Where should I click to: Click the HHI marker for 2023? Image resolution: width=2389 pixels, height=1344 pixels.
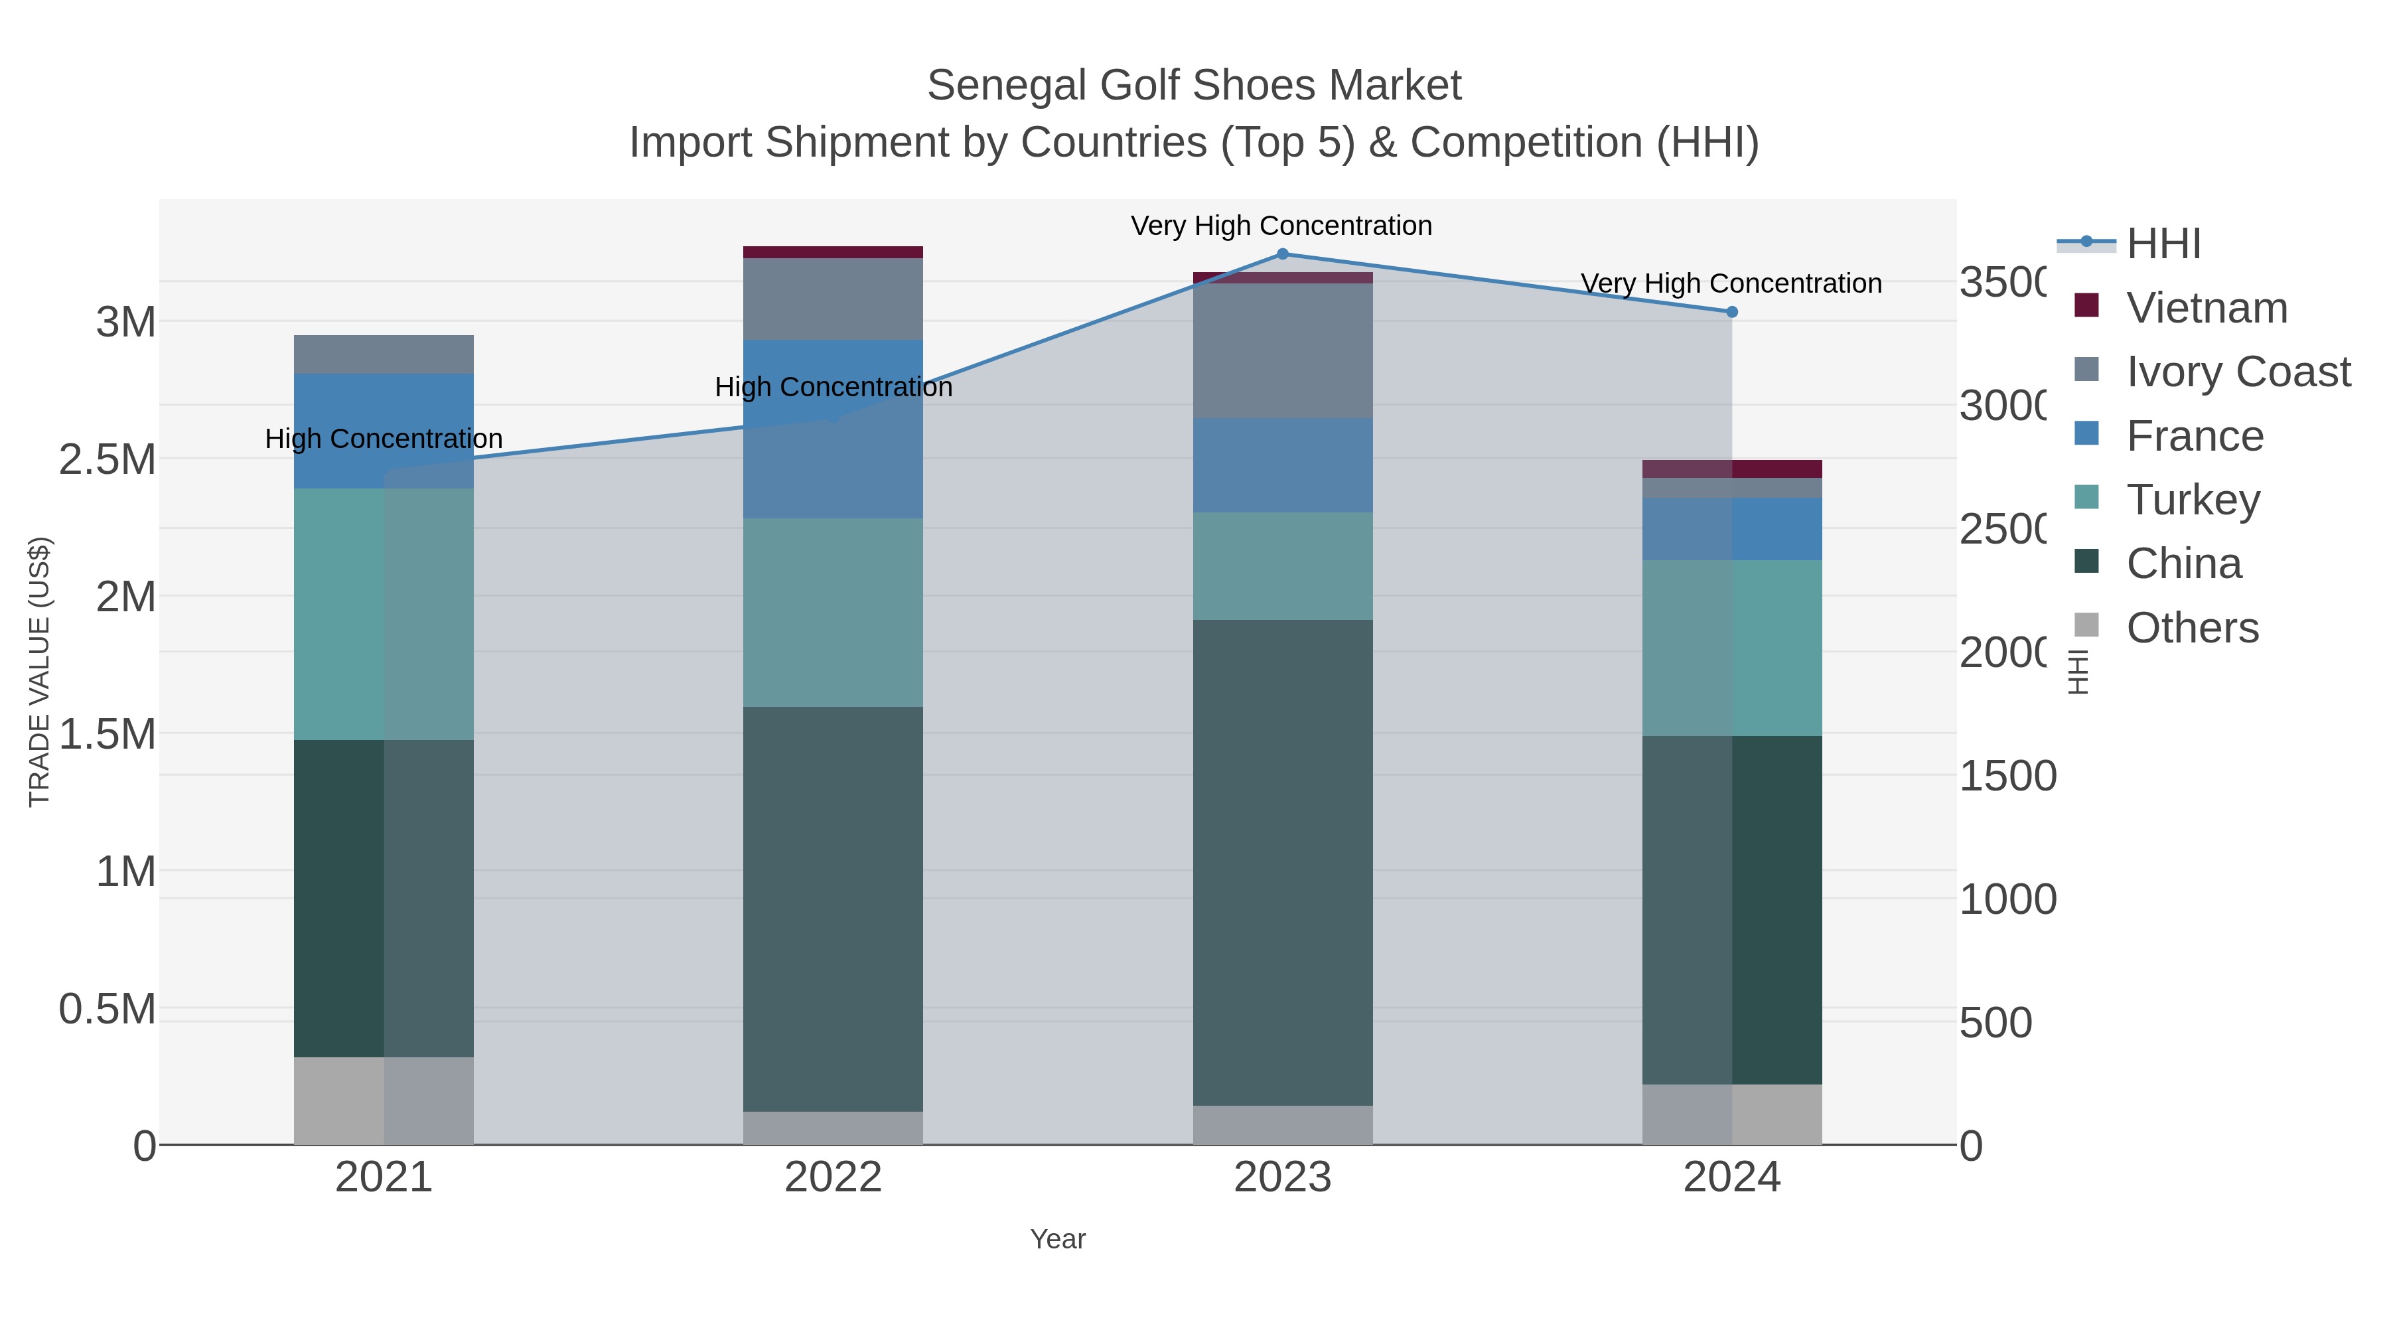point(1283,254)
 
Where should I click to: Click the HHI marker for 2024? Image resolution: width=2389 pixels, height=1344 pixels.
point(1731,312)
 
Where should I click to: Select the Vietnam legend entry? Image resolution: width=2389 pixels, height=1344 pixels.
point(2207,308)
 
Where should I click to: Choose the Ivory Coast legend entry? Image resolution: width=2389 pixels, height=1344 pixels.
point(2237,372)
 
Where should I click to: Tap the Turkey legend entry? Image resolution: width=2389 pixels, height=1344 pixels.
point(2193,500)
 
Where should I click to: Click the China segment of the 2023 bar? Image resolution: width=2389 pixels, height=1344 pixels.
point(1283,863)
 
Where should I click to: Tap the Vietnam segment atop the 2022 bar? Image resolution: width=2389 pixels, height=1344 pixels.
point(833,252)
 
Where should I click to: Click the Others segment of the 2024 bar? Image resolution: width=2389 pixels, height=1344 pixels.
point(1731,1114)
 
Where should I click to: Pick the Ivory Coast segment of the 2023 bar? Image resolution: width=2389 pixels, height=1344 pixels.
point(1283,350)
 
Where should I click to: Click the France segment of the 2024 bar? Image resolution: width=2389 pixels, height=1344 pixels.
point(1731,529)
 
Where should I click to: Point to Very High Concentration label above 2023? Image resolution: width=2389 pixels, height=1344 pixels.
point(1281,226)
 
